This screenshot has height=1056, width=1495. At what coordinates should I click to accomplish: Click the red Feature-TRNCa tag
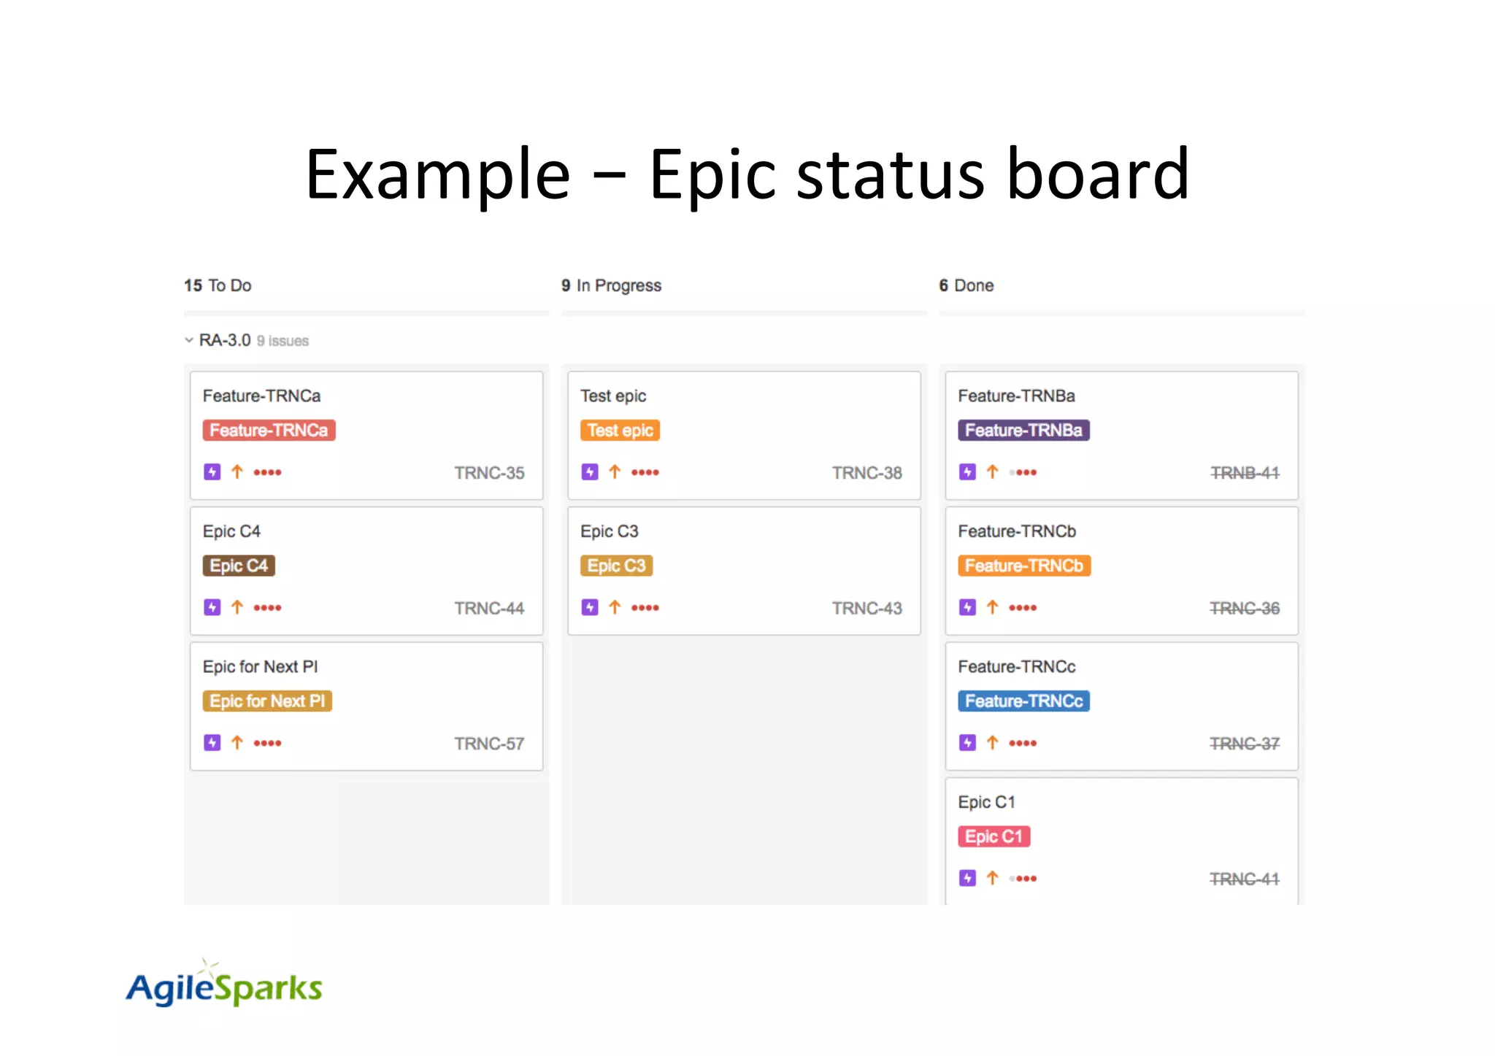coord(269,431)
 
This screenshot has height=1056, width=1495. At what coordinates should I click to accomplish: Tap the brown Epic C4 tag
coord(239,566)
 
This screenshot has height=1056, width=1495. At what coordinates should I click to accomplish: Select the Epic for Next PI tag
coord(267,701)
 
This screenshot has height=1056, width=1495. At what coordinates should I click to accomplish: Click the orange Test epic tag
coord(620,431)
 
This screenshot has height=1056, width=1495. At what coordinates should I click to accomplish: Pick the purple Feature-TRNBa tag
coord(1023,431)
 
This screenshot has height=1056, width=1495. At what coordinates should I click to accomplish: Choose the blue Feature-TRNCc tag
coord(1023,701)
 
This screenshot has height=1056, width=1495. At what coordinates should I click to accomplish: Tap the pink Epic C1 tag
coord(994,836)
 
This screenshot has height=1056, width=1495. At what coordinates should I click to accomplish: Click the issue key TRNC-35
coord(489,473)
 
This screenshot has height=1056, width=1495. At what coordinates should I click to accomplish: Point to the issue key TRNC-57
coord(489,744)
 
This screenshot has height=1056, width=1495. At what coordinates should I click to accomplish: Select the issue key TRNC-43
coord(866,609)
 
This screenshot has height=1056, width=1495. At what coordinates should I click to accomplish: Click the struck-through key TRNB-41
coord(1245,473)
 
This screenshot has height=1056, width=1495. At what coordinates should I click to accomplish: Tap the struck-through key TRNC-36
coord(1245,609)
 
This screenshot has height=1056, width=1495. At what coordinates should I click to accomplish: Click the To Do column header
coord(218,285)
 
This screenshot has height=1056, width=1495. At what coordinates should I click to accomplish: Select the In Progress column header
coord(612,285)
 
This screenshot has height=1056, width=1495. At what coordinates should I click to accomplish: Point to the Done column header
coord(966,285)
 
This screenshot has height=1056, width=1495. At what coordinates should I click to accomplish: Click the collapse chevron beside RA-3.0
coord(189,340)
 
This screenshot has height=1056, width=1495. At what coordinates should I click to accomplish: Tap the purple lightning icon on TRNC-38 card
coord(590,472)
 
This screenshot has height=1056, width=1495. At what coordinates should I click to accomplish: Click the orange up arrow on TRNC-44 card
coord(237,607)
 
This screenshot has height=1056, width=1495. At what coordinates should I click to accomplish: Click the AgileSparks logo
coord(224,985)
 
